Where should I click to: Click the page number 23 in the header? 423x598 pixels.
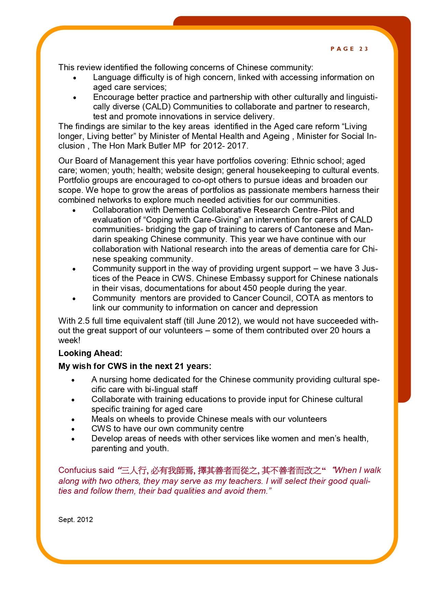click(364, 49)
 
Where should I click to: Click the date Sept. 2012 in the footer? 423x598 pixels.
click(75, 520)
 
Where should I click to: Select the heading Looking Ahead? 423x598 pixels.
click(90, 353)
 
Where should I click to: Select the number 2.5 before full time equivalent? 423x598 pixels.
click(84, 321)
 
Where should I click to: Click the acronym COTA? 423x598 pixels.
click(307, 298)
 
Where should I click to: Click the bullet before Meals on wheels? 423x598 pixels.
click(73, 419)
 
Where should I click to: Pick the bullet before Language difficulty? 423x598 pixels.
click(74, 78)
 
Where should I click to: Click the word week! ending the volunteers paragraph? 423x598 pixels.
click(69, 340)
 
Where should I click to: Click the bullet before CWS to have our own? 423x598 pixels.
click(73, 429)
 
